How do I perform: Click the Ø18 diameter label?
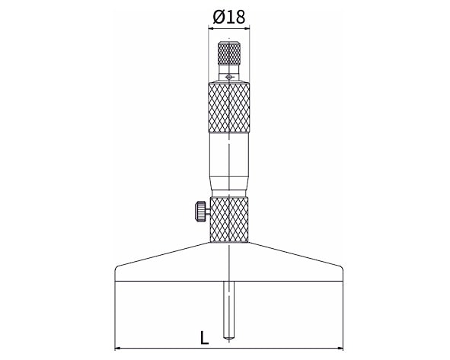228,18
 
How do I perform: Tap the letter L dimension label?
204,338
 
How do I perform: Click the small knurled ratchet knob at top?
229,53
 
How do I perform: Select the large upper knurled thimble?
228,107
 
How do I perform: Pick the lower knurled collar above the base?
229,220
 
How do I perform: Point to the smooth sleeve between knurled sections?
229,165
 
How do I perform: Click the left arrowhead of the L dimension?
117,349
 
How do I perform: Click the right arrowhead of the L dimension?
340,349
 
